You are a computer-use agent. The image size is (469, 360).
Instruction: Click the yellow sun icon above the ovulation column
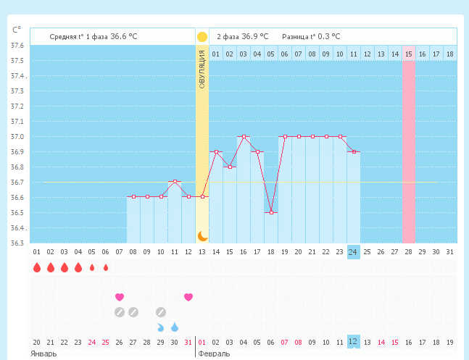(x=202, y=36)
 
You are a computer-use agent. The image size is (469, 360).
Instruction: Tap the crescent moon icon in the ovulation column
(x=202, y=235)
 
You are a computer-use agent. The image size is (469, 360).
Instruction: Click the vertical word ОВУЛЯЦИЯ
(x=202, y=70)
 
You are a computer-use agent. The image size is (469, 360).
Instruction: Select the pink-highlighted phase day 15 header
(x=409, y=54)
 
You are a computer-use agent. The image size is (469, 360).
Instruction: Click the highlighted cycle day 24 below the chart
(x=353, y=251)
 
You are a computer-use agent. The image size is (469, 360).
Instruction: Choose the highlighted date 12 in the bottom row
(x=353, y=341)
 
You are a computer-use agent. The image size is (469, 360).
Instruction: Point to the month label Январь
(x=44, y=353)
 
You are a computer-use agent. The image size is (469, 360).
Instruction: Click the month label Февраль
(x=215, y=353)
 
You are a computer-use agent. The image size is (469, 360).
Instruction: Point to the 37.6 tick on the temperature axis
(x=16, y=46)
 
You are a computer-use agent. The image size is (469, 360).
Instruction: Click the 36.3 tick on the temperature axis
(x=16, y=243)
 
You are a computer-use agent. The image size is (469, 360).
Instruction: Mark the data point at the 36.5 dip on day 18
(x=270, y=212)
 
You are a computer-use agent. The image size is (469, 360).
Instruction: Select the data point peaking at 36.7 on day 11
(x=175, y=182)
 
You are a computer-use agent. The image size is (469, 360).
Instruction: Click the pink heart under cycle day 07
(x=120, y=297)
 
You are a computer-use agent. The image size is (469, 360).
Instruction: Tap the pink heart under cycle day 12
(x=188, y=297)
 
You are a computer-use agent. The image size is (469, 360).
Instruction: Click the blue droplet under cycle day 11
(x=175, y=327)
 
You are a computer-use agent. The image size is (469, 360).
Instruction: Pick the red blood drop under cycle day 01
(x=37, y=267)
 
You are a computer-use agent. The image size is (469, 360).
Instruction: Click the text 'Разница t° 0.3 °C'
(x=311, y=36)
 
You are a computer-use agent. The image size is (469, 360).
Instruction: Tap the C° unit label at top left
(x=17, y=30)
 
